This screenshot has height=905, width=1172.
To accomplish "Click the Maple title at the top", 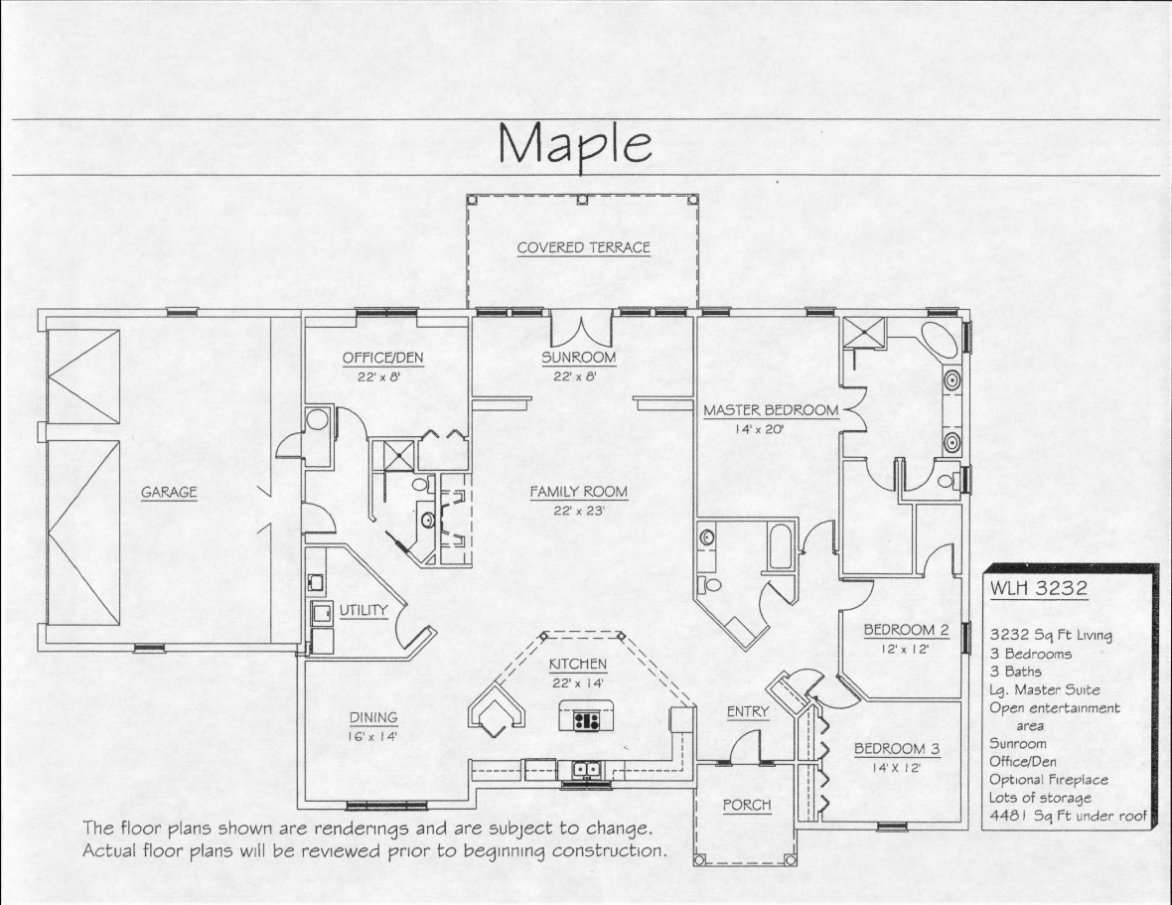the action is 574,145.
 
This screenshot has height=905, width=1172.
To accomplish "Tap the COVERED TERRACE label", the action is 584,247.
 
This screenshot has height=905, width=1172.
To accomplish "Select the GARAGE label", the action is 170,492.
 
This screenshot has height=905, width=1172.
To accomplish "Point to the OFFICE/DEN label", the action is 382,358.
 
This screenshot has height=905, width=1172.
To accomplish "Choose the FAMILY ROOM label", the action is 578,492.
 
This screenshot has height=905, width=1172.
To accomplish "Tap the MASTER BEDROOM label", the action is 771,410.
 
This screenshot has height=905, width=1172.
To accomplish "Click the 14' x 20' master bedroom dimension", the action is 757,430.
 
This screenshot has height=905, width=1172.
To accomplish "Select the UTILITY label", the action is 364,610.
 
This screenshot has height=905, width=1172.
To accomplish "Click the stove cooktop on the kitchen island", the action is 586,721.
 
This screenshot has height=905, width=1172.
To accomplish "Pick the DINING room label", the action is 373,717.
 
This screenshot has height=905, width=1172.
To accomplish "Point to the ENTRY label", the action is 748,712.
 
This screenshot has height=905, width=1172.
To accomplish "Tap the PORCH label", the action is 747,805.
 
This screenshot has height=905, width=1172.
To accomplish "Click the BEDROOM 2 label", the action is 906,630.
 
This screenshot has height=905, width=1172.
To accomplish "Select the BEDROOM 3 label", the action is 897,749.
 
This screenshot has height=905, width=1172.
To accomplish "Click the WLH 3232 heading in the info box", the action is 1039,588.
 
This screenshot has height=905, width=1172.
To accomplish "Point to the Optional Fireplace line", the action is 1049,780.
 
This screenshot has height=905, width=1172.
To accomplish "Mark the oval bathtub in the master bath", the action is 939,342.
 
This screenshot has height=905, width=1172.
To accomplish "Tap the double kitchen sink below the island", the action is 585,769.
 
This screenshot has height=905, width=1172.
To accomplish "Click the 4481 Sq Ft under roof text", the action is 1068,816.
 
